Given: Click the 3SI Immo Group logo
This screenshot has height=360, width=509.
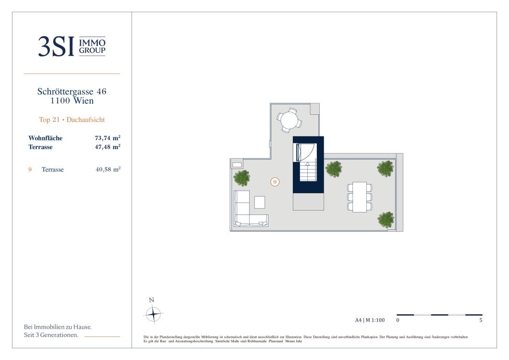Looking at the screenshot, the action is pos(72,46).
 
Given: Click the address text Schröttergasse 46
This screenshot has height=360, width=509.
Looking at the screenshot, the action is pos(72,91).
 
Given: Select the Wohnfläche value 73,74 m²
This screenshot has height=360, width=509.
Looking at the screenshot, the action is pos(108,138).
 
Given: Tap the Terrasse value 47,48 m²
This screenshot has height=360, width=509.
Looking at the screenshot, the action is pos(108,147).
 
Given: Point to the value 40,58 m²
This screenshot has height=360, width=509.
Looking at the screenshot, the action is pos(108,169).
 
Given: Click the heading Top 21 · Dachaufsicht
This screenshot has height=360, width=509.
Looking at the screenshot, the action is pos(72,120).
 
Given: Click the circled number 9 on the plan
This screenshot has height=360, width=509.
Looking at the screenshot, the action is pos(275,182).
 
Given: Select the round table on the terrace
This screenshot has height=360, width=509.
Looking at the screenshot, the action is pos(289,121).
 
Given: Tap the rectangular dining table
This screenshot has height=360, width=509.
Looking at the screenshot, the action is pos(360,197).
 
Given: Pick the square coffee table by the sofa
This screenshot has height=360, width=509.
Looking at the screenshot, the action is pos(260,202).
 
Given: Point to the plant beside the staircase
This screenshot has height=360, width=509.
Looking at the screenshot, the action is pos(334,169).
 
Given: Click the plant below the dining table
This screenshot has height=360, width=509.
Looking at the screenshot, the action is pos(386,220).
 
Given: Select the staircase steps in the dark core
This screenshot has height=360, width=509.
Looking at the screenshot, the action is pos(308,171).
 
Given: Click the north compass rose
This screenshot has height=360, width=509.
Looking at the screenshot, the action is pos(153,314).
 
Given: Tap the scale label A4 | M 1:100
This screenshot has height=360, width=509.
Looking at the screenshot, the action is pos(370,320).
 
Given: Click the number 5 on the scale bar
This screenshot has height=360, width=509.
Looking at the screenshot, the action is pos(481,320).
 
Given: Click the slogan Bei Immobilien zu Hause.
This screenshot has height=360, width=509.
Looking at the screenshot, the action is pos(58,327).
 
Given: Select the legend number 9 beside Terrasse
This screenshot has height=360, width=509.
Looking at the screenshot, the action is pos(30,169).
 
